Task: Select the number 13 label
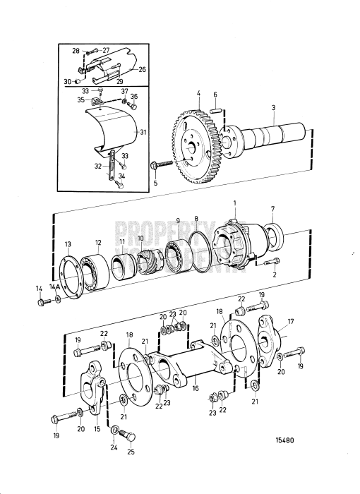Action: click(x=68, y=243)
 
